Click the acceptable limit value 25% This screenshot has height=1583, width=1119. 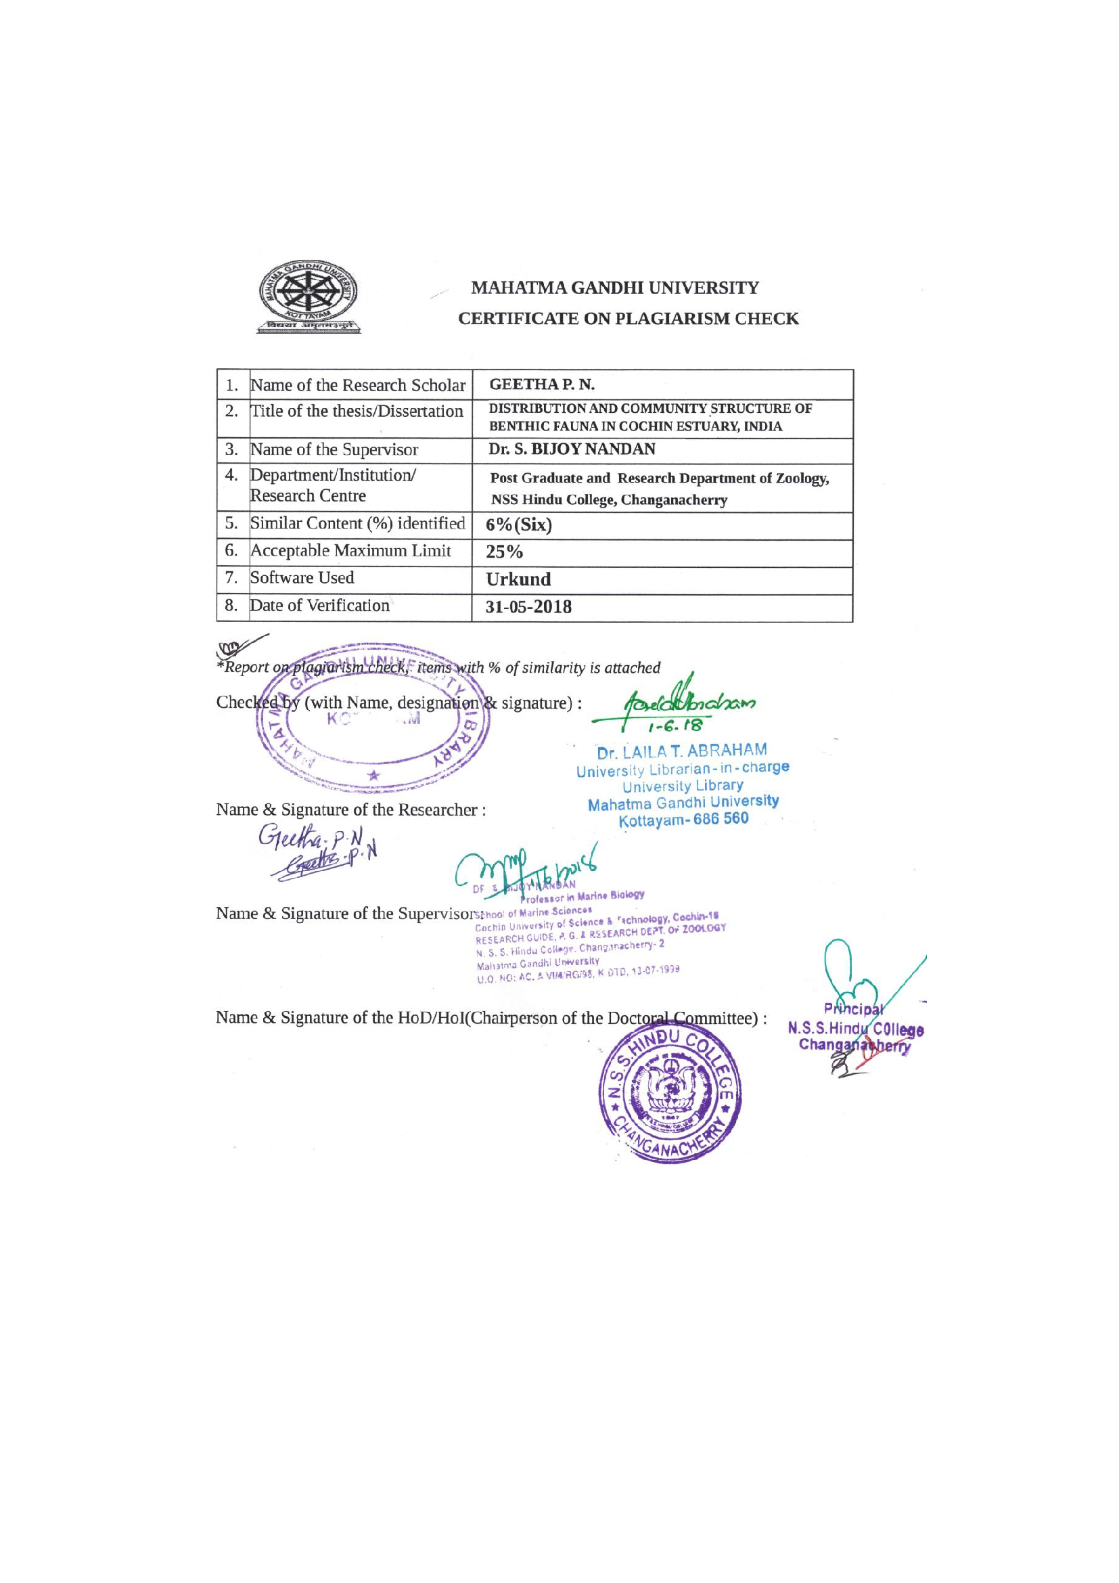(505, 552)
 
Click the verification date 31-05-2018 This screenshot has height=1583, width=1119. (528, 607)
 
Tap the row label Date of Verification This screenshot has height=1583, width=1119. (320, 605)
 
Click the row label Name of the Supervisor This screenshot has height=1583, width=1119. (334, 449)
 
